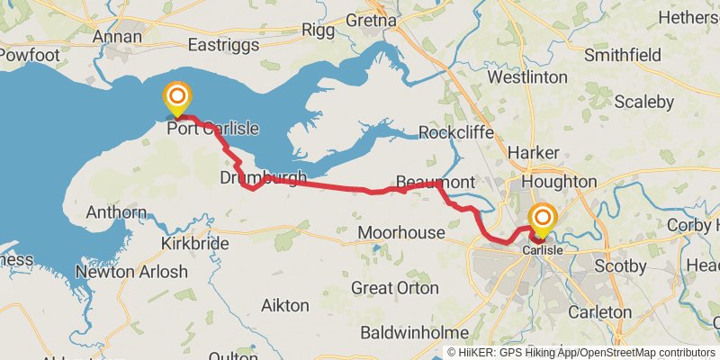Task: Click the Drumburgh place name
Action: point(263,178)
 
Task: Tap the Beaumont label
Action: point(436,183)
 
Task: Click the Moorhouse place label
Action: point(401,233)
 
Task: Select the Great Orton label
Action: point(395,288)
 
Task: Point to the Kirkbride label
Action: point(190,244)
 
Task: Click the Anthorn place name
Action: point(116,213)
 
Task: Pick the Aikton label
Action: point(284,306)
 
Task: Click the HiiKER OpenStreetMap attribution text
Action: point(580,353)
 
